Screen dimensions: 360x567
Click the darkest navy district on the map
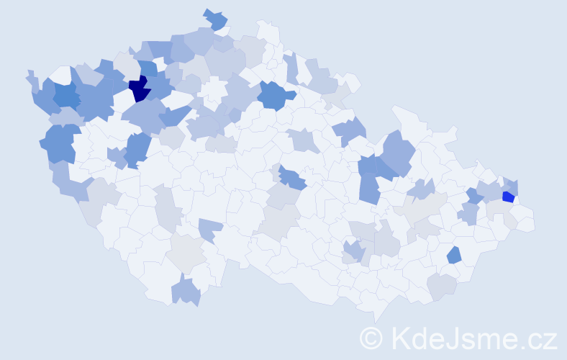[139, 90]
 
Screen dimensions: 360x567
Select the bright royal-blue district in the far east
[508, 197]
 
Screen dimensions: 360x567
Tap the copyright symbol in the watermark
[371, 337]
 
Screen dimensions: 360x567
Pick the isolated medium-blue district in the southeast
[454, 254]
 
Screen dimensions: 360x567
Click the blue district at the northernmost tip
[215, 19]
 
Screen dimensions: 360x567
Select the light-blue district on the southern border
[186, 292]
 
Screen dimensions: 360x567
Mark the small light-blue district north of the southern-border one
[210, 230]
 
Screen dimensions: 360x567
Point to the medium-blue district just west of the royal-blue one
[474, 194]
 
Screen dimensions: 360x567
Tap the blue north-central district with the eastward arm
[276, 94]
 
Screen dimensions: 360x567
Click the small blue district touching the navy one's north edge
[147, 69]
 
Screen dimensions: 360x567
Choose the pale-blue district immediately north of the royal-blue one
[511, 186]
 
